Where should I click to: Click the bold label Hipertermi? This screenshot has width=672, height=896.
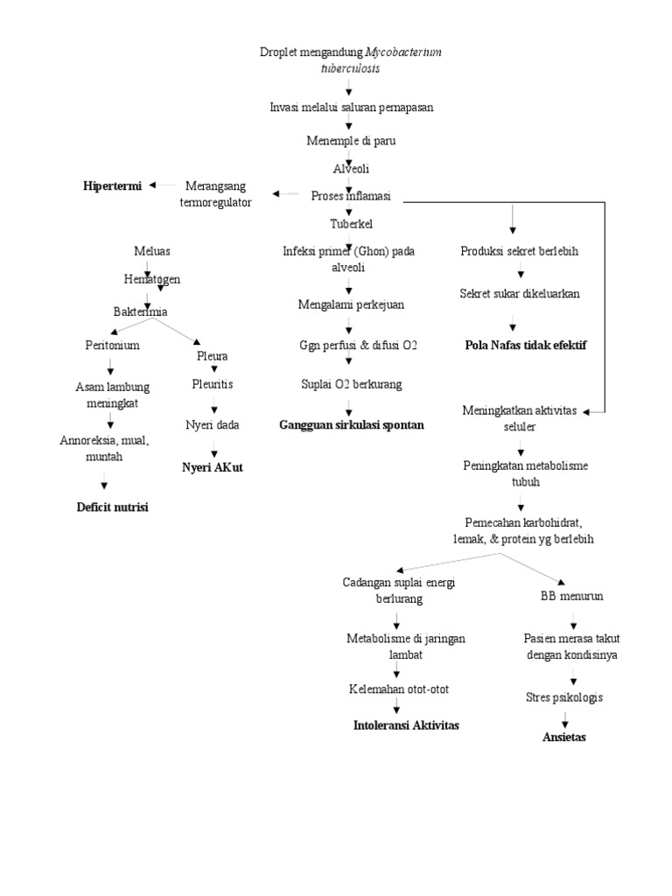click(112, 185)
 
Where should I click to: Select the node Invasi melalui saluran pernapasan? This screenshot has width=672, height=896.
click(351, 107)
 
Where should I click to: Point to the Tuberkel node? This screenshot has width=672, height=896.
click(350, 224)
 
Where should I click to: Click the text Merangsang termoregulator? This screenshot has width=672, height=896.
click(215, 193)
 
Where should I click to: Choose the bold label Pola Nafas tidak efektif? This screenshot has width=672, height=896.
click(525, 346)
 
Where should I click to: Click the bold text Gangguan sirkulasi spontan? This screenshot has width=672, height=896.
click(351, 424)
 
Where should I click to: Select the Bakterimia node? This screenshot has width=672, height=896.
click(140, 311)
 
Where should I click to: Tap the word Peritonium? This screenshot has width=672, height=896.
click(112, 346)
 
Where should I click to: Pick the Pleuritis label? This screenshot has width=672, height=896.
click(213, 384)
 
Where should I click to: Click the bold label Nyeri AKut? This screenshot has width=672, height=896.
click(212, 467)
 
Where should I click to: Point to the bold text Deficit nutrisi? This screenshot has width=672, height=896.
click(112, 507)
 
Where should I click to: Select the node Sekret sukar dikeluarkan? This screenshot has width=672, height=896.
click(520, 293)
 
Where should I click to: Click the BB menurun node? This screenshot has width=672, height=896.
click(572, 596)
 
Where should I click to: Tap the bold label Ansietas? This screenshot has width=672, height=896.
click(564, 738)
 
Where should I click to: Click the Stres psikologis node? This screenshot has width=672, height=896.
click(563, 697)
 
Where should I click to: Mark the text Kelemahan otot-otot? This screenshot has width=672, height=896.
click(398, 689)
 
